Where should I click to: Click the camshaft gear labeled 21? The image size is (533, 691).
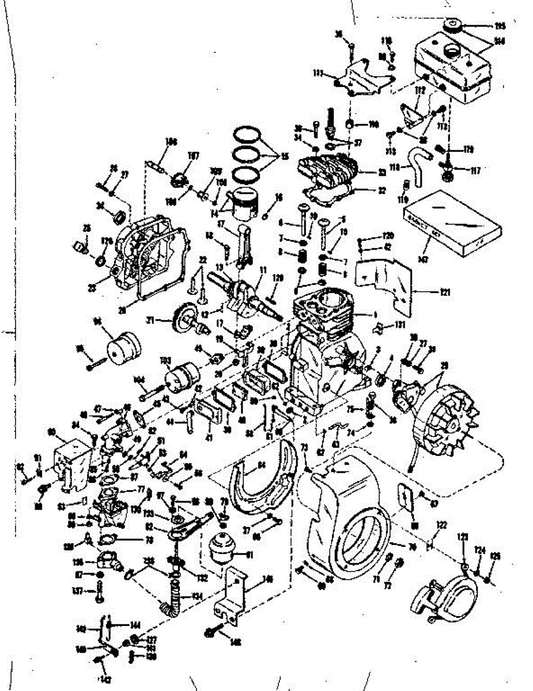click(x=183, y=318)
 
